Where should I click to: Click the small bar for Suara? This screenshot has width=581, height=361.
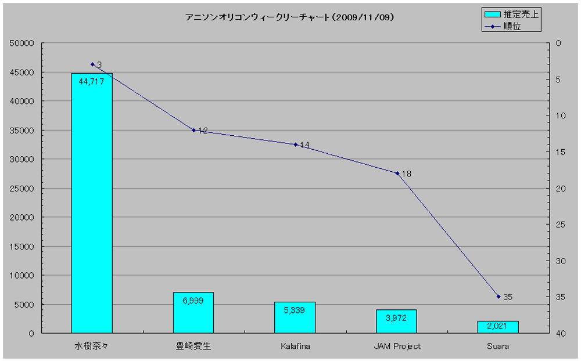(x=498, y=327)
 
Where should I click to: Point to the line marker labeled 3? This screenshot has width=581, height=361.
(x=92, y=64)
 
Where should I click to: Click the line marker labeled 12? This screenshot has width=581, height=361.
(x=193, y=130)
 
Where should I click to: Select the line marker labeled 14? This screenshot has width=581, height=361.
(x=295, y=145)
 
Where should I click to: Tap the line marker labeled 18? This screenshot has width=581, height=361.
(x=397, y=173)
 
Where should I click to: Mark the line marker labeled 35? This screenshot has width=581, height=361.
(x=498, y=297)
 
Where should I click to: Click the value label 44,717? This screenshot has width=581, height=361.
(x=91, y=82)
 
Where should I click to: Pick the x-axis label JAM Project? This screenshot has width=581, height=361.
(x=397, y=346)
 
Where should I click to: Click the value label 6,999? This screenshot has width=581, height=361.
(x=193, y=301)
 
